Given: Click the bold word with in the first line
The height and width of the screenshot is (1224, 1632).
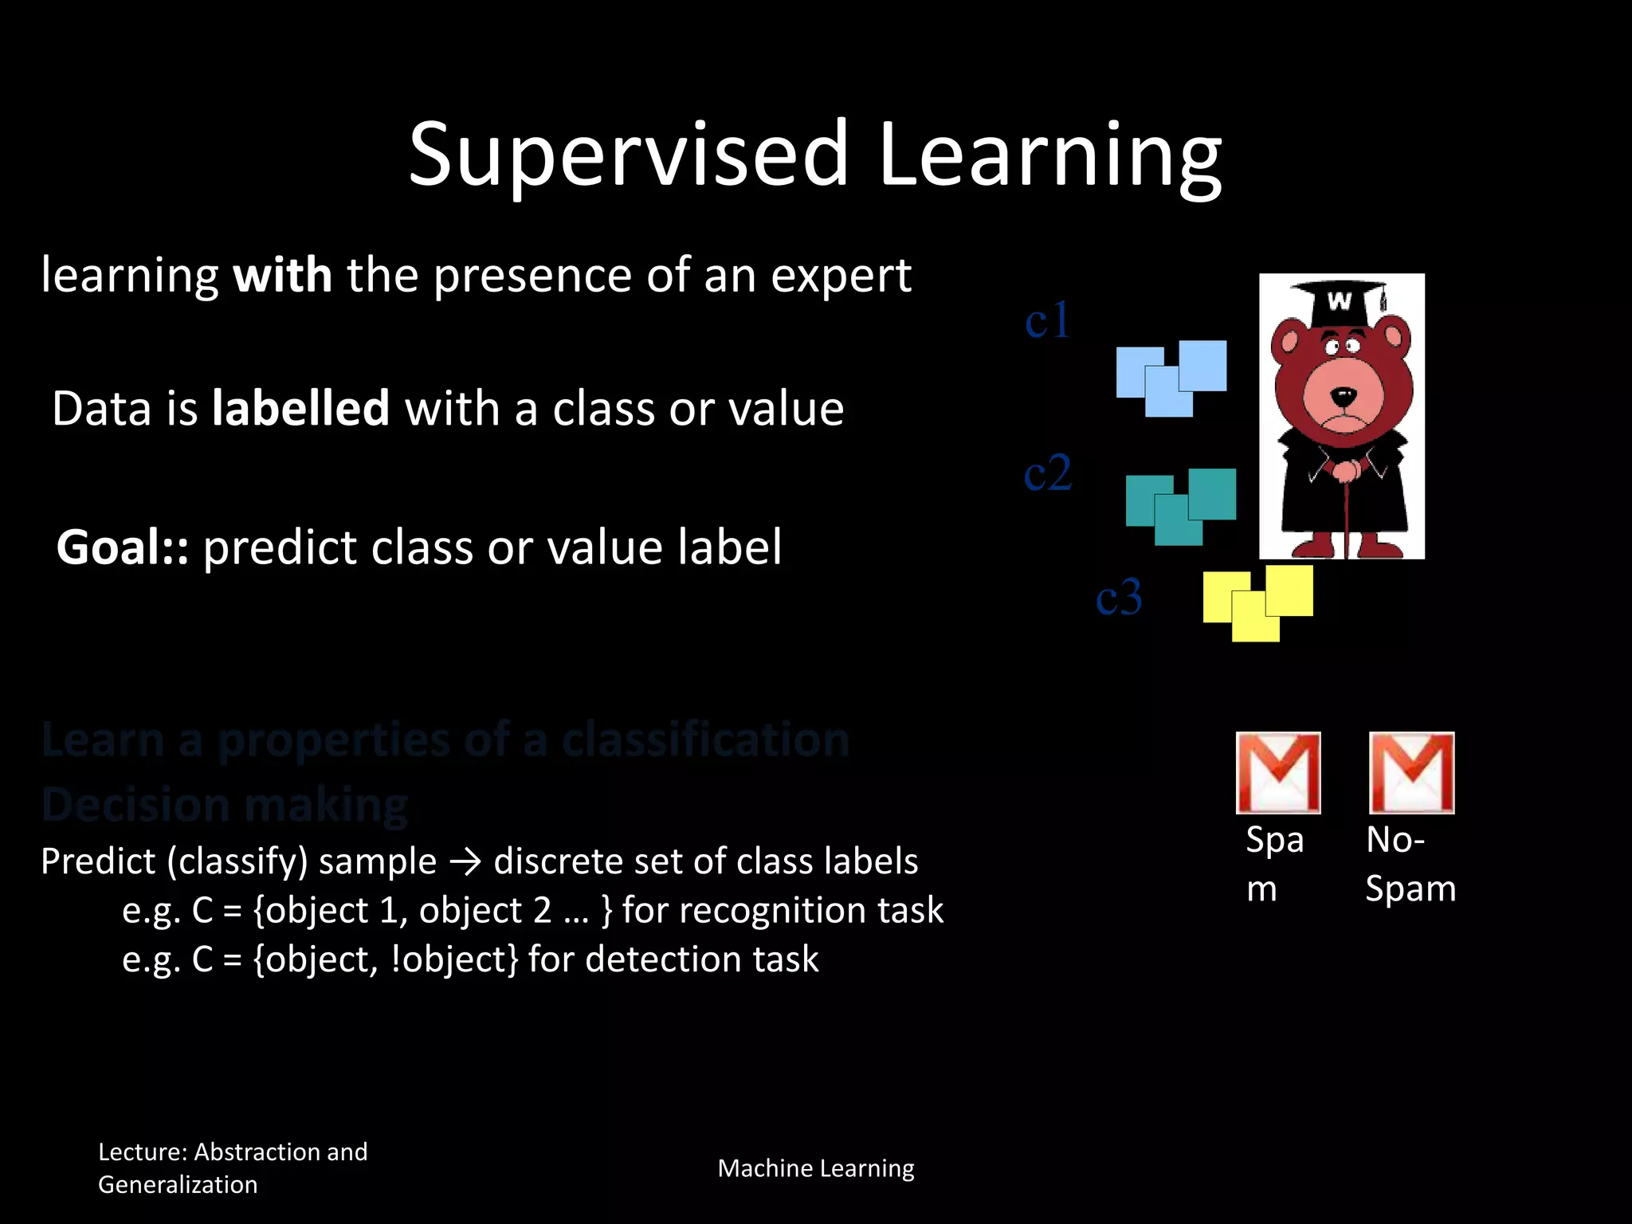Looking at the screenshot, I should (282, 276).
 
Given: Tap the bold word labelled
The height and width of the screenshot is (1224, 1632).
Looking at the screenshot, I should (300, 409).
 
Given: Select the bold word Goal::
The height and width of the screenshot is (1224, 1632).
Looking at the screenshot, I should (122, 547).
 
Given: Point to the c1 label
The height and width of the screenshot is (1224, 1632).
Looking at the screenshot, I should (1046, 321).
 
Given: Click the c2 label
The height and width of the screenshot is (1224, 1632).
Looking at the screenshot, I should (1047, 473).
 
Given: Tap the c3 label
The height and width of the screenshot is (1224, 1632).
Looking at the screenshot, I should (1118, 598).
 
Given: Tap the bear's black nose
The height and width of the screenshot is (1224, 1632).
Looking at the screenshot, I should (1344, 395).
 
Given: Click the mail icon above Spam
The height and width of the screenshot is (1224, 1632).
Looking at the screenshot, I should (1277, 772).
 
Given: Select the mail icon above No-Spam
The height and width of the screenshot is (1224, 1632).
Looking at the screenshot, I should (1411, 772).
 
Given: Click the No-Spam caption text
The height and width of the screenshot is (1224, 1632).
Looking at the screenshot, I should (1410, 864).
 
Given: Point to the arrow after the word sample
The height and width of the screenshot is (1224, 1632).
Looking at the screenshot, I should (465, 862).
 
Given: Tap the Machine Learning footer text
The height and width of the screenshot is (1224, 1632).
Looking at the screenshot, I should (815, 1168).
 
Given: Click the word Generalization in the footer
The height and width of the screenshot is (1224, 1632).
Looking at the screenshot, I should (178, 1185).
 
